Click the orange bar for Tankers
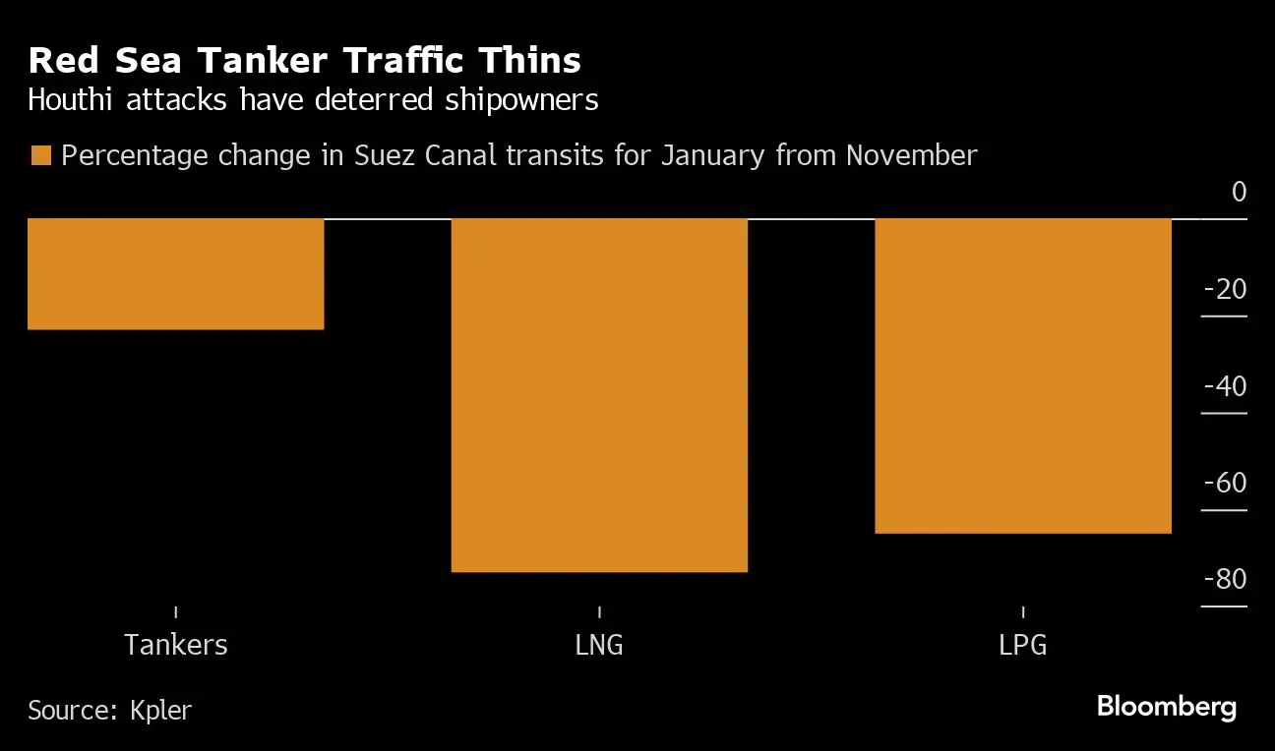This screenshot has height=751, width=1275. click(175, 273)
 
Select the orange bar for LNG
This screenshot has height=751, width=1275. click(599, 394)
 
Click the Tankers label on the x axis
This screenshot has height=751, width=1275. click(176, 645)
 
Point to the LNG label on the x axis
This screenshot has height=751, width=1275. click(599, 645)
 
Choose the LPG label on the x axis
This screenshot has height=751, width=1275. click(1023, 645)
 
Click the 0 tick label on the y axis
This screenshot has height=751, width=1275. click(1239, 192)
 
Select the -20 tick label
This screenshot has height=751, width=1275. click(1225, 289)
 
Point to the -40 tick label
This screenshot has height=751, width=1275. click(1225, 385)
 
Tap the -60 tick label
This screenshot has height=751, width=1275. click(1225, 483)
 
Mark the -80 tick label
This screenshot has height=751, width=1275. click(1225, 579)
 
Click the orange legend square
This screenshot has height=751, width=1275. click(41, 155)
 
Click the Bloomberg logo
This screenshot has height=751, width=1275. click(1166, 707)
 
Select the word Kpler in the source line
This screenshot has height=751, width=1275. click(160, 710)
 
